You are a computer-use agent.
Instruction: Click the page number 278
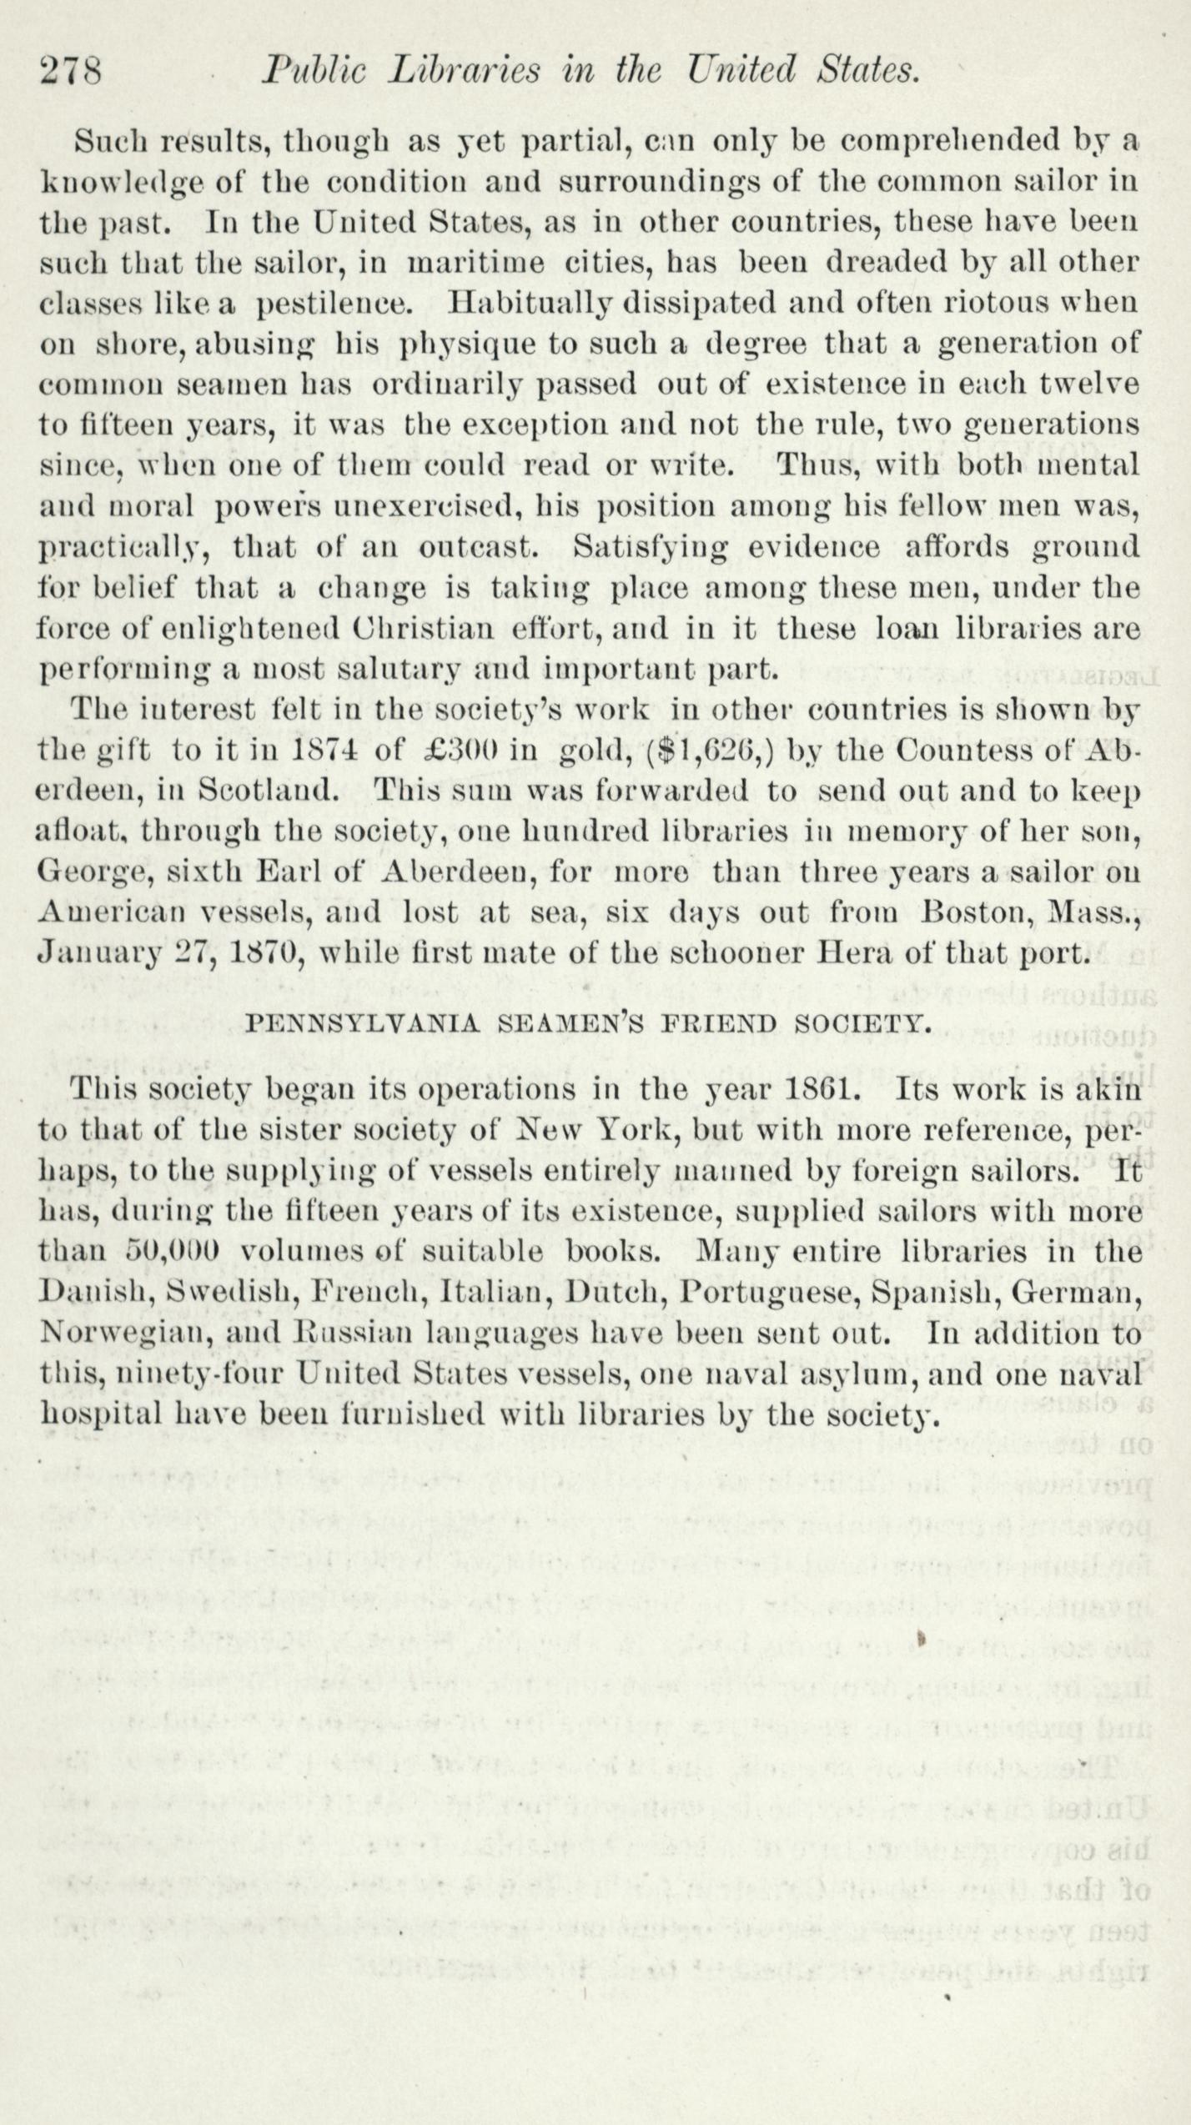(71, 72)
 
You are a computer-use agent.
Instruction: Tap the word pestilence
(335, 302)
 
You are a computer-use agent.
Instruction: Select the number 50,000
(172, 1252)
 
